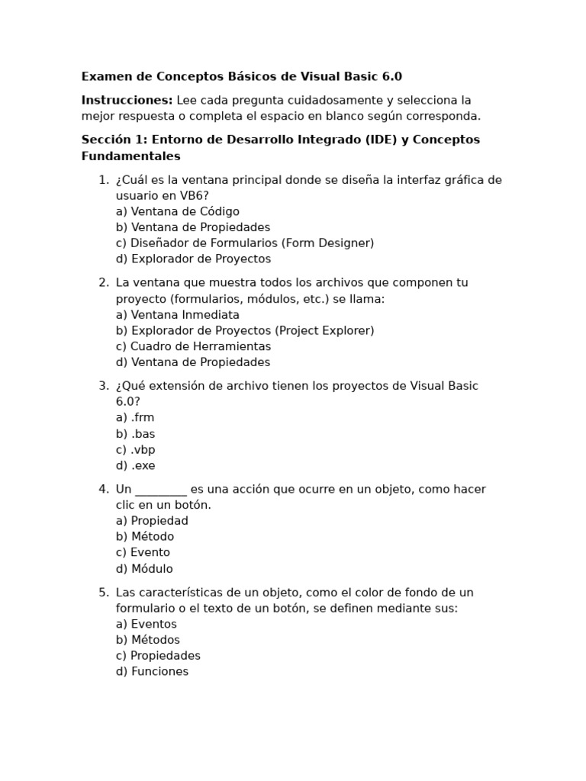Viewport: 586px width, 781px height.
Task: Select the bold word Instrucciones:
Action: coord(127,100)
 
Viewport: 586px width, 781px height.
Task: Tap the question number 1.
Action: coord(103,180)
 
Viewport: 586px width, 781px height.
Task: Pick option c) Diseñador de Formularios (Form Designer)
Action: coord(244,243)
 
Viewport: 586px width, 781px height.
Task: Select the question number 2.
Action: coord(103,282)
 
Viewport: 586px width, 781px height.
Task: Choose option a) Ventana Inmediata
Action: coord(177,314)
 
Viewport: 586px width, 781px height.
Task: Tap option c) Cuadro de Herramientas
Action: coord(193,346)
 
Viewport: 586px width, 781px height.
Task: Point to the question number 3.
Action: coord(103,386)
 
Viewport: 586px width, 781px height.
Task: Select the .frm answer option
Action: coord(135,417)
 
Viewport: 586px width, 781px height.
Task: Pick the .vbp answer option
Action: coord(135,449)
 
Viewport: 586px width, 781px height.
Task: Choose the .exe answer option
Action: coord(135,465)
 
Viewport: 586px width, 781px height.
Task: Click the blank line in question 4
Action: coord(160,490)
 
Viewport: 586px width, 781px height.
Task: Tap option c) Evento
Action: coord(143,552)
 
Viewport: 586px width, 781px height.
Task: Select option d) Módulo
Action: coord(144,568)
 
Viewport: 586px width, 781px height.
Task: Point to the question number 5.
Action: coord(103,593)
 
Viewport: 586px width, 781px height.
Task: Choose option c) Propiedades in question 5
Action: coord(158,655)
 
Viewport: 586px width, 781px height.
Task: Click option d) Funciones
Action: coord(152,671)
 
